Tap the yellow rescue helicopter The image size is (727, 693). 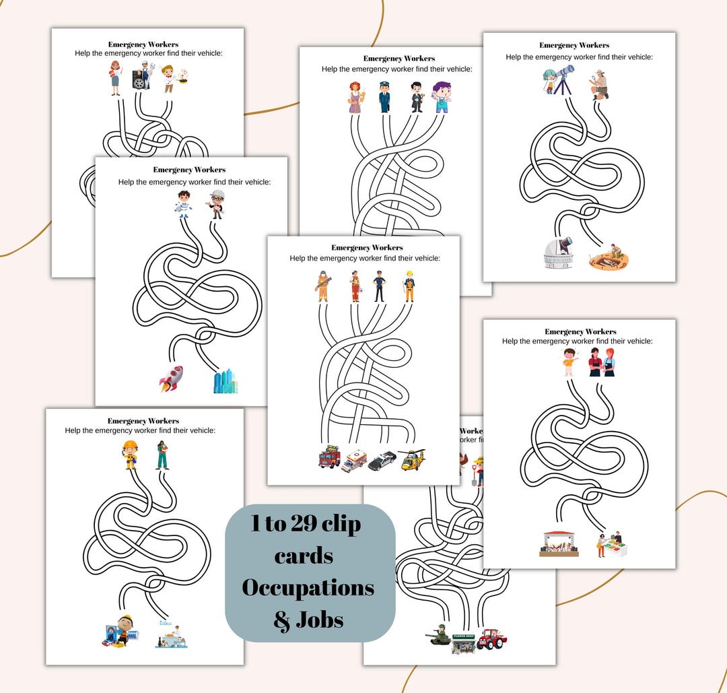411,459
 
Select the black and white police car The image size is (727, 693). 382,461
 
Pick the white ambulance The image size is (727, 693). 355,461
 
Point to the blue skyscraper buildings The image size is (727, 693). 225,381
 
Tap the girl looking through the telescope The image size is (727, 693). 553,79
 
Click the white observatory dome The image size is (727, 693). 558,253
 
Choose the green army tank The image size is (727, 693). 440,636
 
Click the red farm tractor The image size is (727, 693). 491,638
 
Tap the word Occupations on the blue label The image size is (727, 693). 308,588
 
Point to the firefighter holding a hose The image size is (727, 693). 322,286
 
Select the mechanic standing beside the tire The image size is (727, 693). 142,76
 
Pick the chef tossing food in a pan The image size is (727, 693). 172,78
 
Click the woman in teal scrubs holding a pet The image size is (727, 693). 162,455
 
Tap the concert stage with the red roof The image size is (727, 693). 559,543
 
